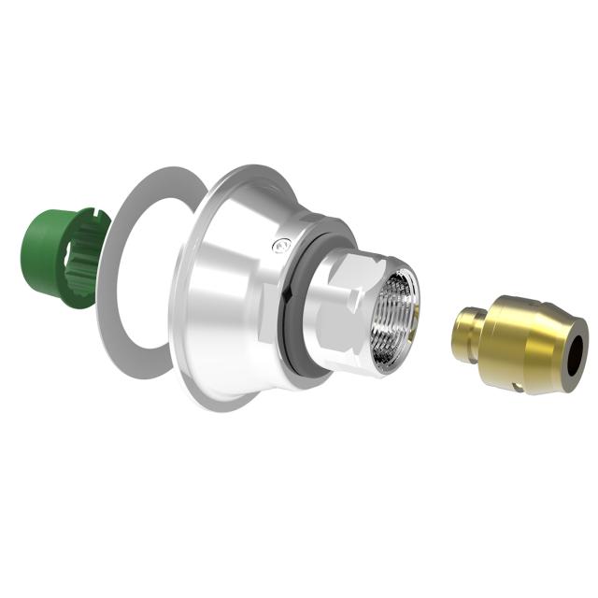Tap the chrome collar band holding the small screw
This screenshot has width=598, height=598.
tap(299, 238)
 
